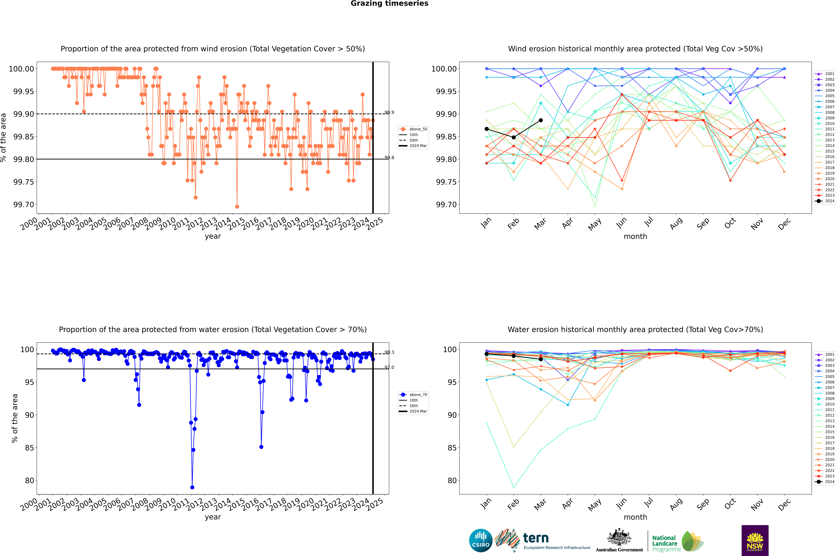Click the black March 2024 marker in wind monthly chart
tap(540, 120)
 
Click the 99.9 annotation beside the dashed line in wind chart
tap(389, 112)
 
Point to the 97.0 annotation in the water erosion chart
tap(389, 367)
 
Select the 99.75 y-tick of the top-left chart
tap(23, 182)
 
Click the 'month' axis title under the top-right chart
tap(635, 237)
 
